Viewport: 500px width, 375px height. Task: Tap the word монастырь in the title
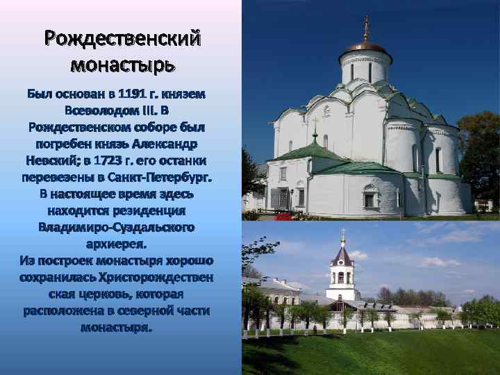[x=122, y=65]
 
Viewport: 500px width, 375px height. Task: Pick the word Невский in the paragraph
[x=57, y=161]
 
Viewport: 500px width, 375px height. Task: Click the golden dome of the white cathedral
[x=366, y=47]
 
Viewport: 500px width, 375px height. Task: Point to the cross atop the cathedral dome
[x=366, y=26]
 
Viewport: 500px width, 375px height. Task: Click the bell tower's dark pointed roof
[x=342, y=257]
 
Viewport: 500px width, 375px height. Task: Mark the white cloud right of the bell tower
[x=437, y=262]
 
